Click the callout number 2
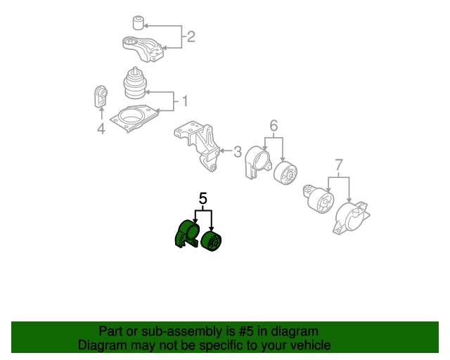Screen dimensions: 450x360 click(191, 37)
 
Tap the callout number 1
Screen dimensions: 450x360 click(185, 101)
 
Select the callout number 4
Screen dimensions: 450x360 click(101, 128)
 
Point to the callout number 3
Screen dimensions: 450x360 click(238, 151)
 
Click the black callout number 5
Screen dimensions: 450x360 click(203, 199)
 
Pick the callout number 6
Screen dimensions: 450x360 click(274, 125)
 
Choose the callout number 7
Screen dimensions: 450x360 click(339, 165)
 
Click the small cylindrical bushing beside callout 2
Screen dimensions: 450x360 click(138, 23)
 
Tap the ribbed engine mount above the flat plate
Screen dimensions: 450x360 click(134, 83)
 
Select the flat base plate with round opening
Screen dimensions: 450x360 click(134, 118)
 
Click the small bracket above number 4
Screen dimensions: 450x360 click(101, 96)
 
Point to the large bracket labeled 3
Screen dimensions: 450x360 click(198, 145)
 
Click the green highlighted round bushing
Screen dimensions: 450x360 click(212, 241)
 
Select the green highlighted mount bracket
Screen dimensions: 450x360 click(186, 234)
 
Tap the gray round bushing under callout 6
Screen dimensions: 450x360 click(285, 173)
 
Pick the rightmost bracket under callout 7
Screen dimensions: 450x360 click(352, 218)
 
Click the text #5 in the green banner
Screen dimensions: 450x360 click(246, 331)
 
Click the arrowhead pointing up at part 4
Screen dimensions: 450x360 click(101, 108)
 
